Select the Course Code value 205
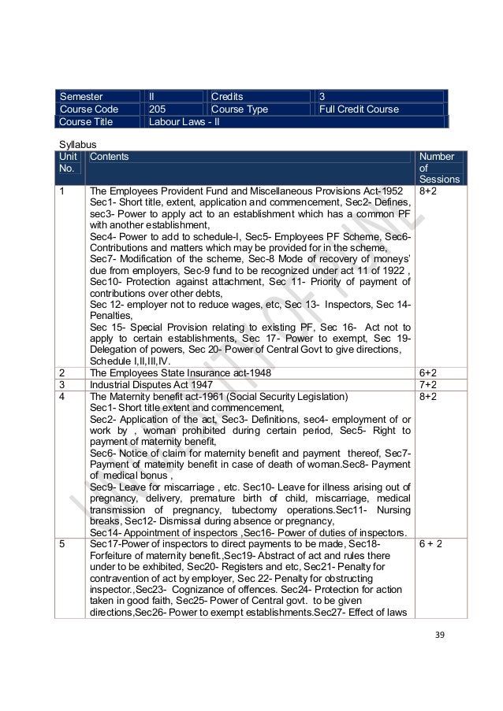158,109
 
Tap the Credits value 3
322,96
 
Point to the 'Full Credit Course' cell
359,109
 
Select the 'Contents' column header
110,157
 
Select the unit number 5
61,543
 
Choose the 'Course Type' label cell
240,109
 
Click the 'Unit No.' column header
69,162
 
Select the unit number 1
61,191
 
